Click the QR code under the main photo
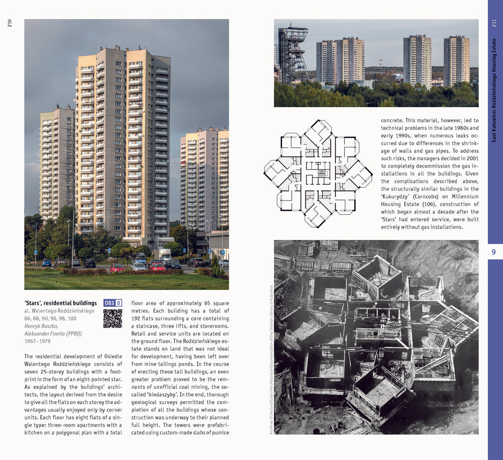coord(112,318)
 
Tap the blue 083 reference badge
coord(110,303)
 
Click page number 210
coord(10,23)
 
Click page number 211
coord(495,23)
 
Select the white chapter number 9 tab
coord(495,252)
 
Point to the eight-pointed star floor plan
coord(318,174)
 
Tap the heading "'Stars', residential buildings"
coord(60,303)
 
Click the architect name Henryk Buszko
coord(41,326)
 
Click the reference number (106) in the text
coord(430,204)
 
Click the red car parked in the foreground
coord(157,266)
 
